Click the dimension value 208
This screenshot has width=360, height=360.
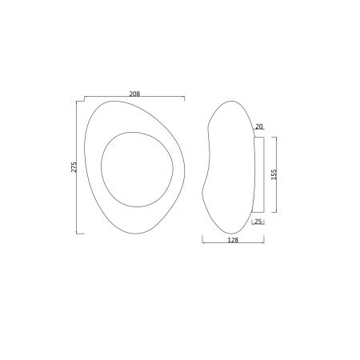click(x=134, y=94)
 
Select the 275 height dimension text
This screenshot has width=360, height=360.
click(x=74, y=167)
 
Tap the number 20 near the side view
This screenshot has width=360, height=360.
click(x=258, y=126)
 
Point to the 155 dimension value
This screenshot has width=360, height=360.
click(x=274, y=174)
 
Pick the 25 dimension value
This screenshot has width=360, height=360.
click(x=258, y=222)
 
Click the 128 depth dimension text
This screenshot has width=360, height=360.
click(x=233, y=240)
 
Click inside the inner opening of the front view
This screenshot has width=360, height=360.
click(x=137, y=170)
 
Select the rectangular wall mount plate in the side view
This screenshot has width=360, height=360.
click(x=258, y=174)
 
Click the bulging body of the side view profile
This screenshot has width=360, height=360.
click(x=229, y=167)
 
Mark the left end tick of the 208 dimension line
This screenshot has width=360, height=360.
click(x=85, y=98)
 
